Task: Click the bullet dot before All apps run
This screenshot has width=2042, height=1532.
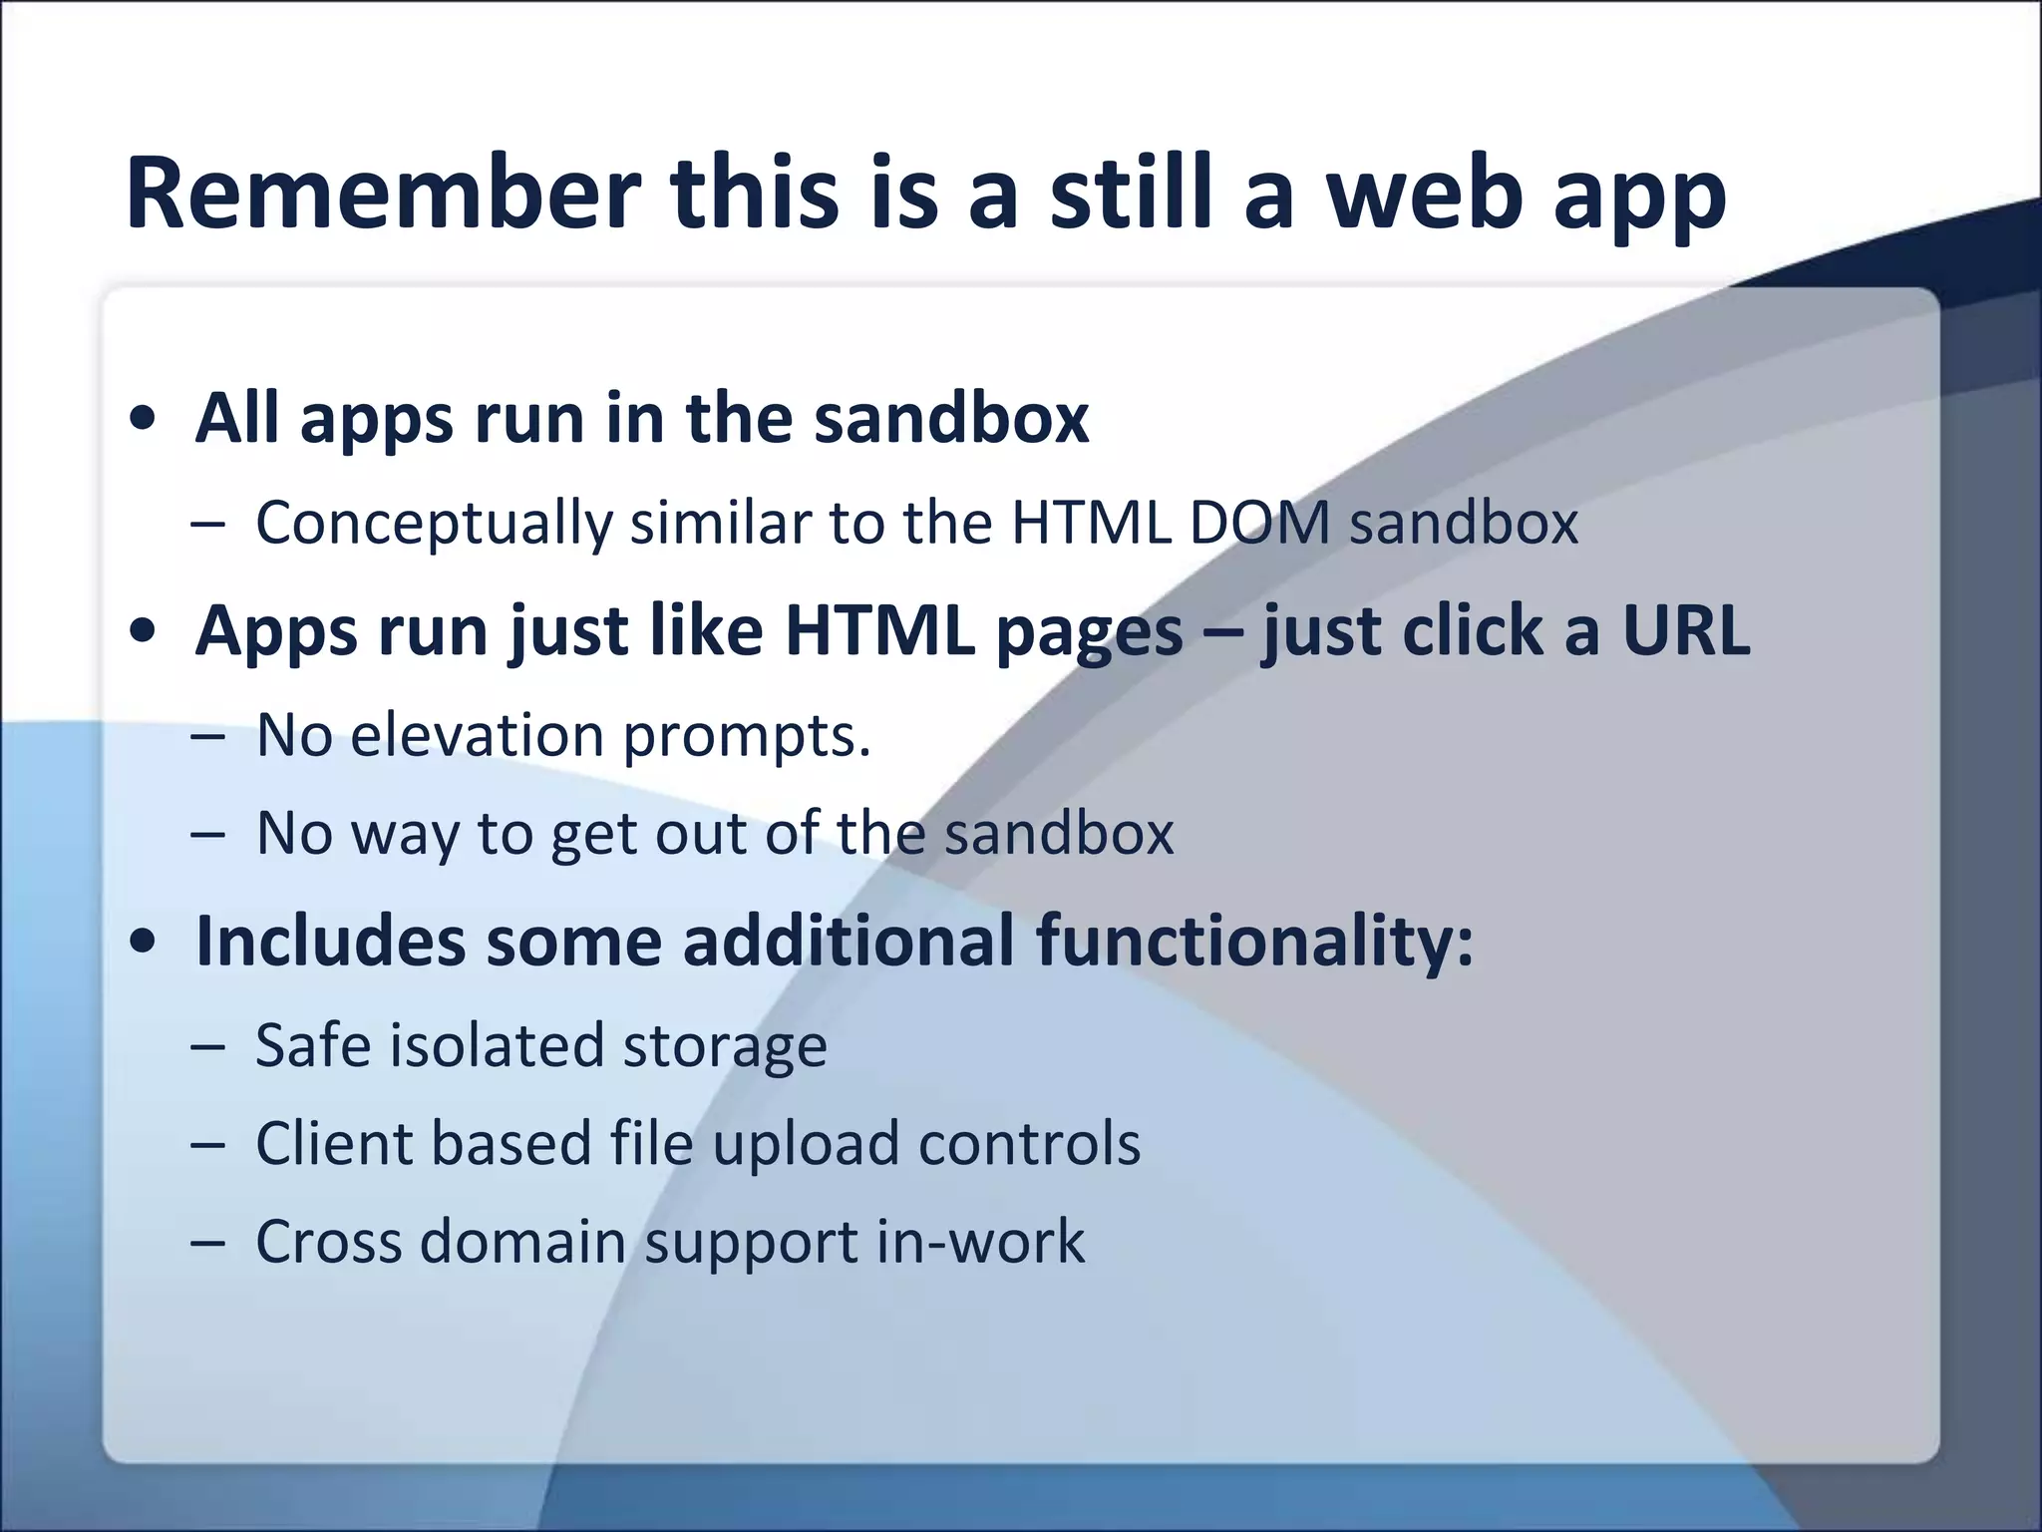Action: tap(143, 420)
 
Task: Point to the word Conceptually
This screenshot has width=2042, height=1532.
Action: tap(434, 523)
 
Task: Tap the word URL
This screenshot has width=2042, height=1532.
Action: tap(1685, 631)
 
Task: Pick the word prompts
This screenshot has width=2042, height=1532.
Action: tap(747, 739)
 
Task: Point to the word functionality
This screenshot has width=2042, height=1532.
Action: tap(1253, 943)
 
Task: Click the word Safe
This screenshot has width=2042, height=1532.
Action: tap(313, 1045)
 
